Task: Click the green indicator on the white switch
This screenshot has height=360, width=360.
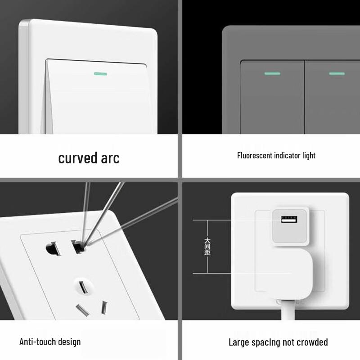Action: (100, 74)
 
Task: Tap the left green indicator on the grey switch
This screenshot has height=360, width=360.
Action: (272, 73)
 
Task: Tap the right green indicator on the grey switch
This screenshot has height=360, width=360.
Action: (337, 73)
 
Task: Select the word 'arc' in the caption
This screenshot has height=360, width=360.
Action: (110, 158)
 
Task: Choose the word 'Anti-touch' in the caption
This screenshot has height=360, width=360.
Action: (37, 342)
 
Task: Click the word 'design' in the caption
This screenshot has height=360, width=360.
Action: (69, 342)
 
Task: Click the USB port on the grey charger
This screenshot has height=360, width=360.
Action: (289, 220)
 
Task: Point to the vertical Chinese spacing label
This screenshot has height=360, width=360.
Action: (207, 247)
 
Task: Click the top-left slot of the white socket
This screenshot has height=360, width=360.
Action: (53, 248)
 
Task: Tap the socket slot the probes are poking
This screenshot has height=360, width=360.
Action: (78, 246)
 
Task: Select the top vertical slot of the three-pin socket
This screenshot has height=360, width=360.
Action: (83, 288)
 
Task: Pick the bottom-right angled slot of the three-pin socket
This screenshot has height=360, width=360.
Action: (104, 308)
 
